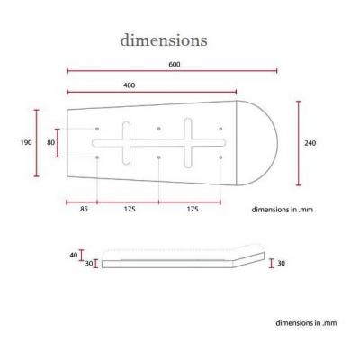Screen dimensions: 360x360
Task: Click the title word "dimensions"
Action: click(x=164, y=40)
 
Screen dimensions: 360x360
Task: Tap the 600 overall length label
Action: click(x=175, y=64)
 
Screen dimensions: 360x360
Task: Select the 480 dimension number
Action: click(x=130, y=85)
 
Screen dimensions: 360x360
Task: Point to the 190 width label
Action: click(x=26, y=142)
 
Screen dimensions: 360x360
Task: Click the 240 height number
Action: click(x=310, y=143)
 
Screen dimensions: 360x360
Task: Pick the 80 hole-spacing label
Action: click(x=51, y=142)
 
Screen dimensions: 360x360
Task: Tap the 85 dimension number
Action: click(x=84, y=209)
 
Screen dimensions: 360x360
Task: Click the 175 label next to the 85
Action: click(x=130, y=209)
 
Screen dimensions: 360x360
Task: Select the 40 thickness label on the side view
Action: click(x=74, y=255)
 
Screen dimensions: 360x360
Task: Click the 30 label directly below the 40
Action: click(x=89, y=264)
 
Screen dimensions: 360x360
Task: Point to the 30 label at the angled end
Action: click(x=281, y=263)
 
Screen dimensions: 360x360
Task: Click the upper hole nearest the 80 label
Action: click(x=97, y=129)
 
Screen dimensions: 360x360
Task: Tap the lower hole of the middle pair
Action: click(x=158, y=157)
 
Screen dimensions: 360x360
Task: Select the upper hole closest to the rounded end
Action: click(x=220, y=129)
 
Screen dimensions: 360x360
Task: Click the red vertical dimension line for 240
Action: click(x=299, y=143)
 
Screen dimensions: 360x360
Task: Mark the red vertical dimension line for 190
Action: click(x=37, y=143)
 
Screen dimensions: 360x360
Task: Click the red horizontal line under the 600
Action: click(x=172, y=71)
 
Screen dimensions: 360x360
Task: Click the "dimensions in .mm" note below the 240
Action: click(x=283, y=210)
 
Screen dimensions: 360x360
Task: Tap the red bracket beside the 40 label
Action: click(x=81, y=255)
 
